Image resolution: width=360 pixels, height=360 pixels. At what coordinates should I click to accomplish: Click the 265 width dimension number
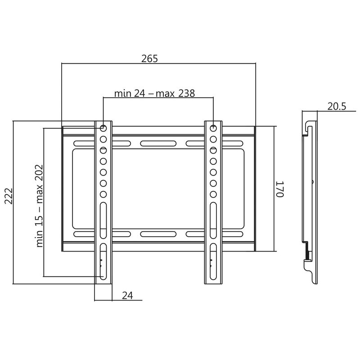pyautogui.click(x=149, y=58)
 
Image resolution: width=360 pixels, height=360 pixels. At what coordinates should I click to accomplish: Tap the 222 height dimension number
pyautogui.click(x=9, y=196)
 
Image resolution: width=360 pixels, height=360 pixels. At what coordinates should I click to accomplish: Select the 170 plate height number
pyautogui.click(x=280, y=189)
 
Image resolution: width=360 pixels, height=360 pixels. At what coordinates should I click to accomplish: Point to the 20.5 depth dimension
pyautogui.click(x=337, y=107)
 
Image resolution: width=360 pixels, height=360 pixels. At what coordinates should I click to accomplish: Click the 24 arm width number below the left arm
pyautogui.click(x=127, y=296)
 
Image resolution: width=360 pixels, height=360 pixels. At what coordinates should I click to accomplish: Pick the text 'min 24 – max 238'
pyautogui.click(x=154, y=94)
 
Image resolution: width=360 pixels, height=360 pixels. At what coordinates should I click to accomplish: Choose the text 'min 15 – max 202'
pyautogui.click(x=40, y=206)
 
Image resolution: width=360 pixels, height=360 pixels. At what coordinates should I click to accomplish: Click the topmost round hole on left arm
pyautogui.click(x=103, y=128)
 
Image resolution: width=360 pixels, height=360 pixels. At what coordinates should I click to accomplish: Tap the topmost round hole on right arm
pyautogui.click(x=213, y=128)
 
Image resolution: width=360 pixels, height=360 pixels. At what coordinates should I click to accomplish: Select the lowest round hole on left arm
pyautogui.click(x=103, y=194)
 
